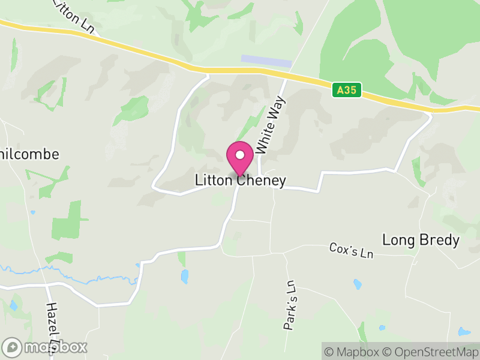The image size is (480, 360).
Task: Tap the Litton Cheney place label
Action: tap(240, 180)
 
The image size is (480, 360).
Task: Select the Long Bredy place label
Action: tap(421, 241)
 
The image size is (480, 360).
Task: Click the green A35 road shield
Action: tap(347, 90)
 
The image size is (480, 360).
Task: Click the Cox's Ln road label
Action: tap(351, 250)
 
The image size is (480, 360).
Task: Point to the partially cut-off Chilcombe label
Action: tap(30, 154)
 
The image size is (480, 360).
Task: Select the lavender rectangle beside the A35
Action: tap(266, 61)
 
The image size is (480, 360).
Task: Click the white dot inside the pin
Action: tap(240, 155)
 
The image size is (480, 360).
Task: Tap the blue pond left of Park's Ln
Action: tap(184, 276)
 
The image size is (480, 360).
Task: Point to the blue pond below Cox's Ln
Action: tap(358, 284)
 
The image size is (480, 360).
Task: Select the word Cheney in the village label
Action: tap(262, 180)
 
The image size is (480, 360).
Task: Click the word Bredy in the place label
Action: tap(440, 241)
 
